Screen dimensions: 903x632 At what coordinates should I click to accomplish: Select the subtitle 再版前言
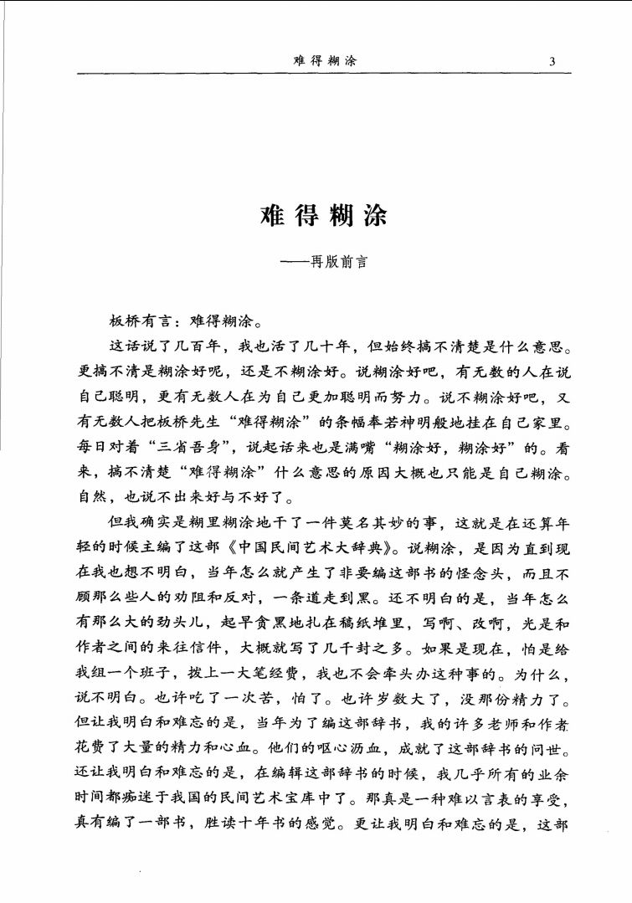pos(335,260)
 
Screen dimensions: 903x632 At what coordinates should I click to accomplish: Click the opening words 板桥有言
pos(139,321)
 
